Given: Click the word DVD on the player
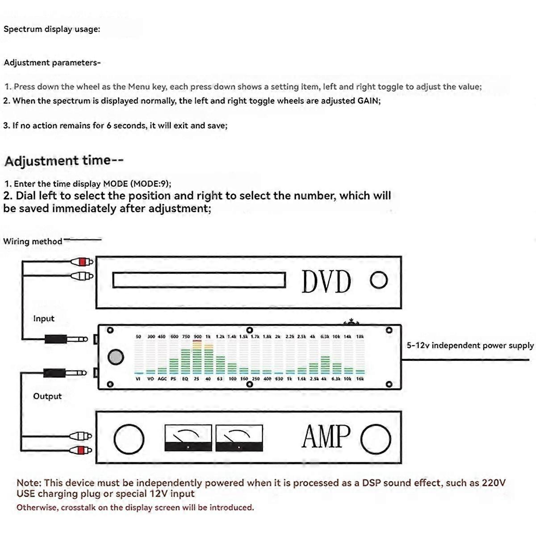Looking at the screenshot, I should (327, 281).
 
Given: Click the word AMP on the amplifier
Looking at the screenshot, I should (327, 436).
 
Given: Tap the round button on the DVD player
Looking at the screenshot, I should (379, 281).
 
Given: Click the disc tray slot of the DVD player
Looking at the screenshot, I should (199, 280).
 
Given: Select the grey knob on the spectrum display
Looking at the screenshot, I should (116, 357).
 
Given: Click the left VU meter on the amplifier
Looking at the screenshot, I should (188, 438).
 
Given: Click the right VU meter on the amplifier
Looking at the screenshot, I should (239, 438).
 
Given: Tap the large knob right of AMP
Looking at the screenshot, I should (376, 439).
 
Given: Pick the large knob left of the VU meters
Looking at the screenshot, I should (129, 439).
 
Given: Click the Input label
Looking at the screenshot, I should (43, 318).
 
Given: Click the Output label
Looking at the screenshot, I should (47, 396).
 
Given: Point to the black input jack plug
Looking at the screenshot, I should (56, 339).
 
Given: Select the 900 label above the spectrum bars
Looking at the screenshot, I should (197, 337).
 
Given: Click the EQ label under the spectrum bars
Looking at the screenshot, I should (185, 379).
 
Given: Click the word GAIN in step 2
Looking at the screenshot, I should (368, 101).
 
